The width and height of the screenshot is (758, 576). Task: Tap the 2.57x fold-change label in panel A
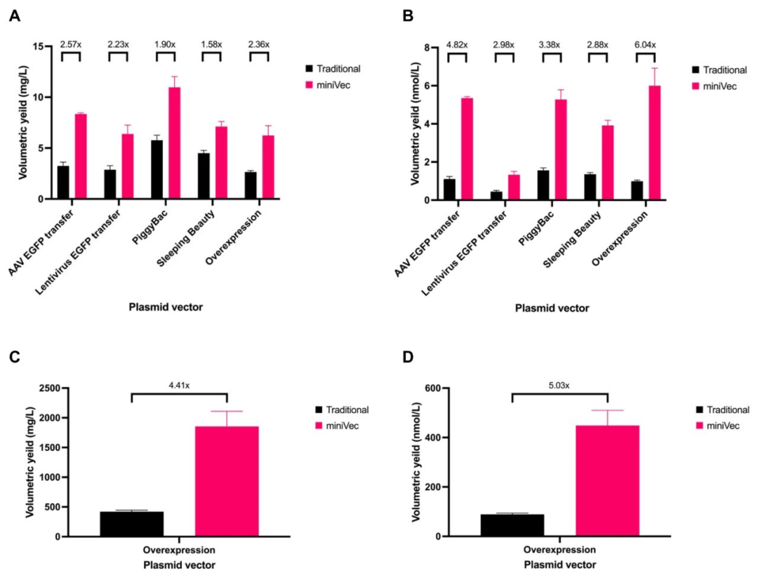[x=70, y=44]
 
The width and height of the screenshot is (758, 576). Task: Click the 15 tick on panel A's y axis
[x=41, y=46]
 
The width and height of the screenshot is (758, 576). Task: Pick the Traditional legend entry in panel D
[x=726, y=410]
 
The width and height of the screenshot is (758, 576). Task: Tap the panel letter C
[x=14, y=358]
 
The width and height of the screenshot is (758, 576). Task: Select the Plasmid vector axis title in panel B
[x=552, y=308]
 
